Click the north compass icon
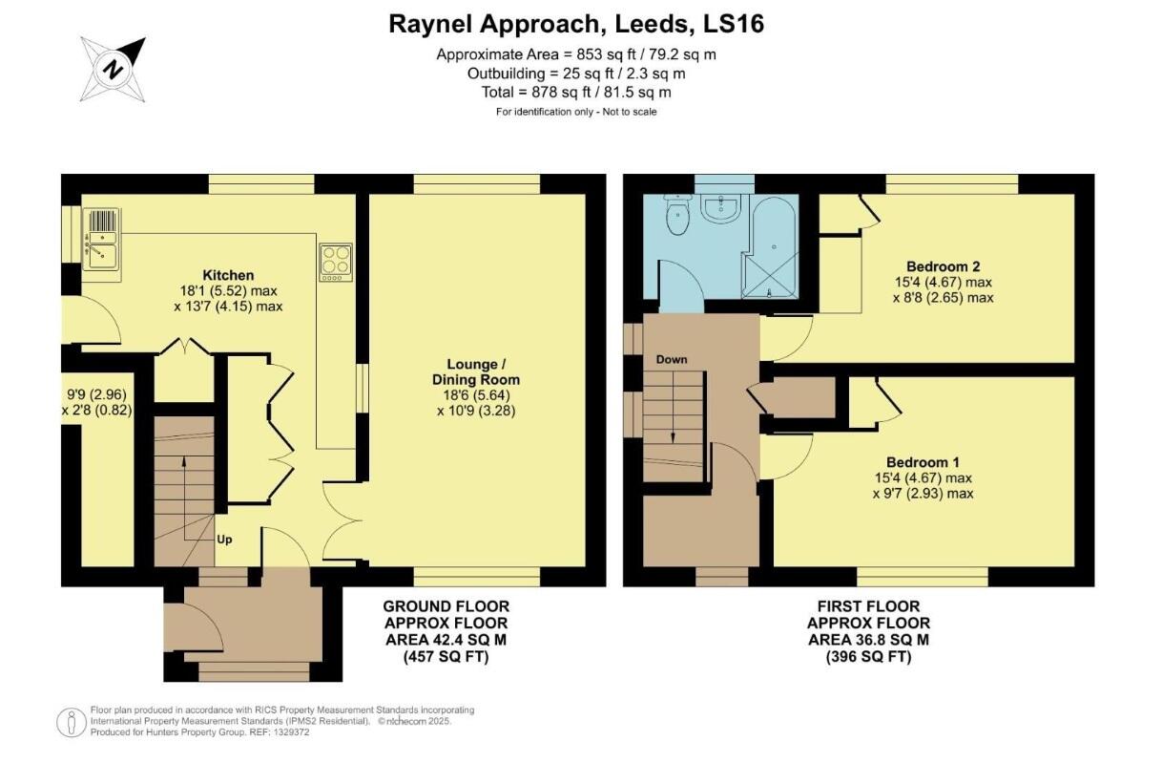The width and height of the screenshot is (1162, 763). click(114, 70)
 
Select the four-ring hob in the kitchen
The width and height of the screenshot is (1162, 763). click(335, 262)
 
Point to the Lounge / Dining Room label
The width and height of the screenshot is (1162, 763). click(484, 371)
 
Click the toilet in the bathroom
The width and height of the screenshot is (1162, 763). click(677, 217)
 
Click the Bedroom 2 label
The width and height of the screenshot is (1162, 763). click(943, 266)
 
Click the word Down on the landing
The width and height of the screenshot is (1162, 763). click(672, 360)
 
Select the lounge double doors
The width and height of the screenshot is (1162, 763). click(342, 520)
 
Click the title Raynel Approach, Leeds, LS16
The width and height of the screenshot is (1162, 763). click(576, 24)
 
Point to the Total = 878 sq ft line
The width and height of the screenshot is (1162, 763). click(576, 93)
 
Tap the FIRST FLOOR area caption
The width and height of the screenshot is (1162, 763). click(868, 631)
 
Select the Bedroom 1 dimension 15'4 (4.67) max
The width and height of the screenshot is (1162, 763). click(923, 477)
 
